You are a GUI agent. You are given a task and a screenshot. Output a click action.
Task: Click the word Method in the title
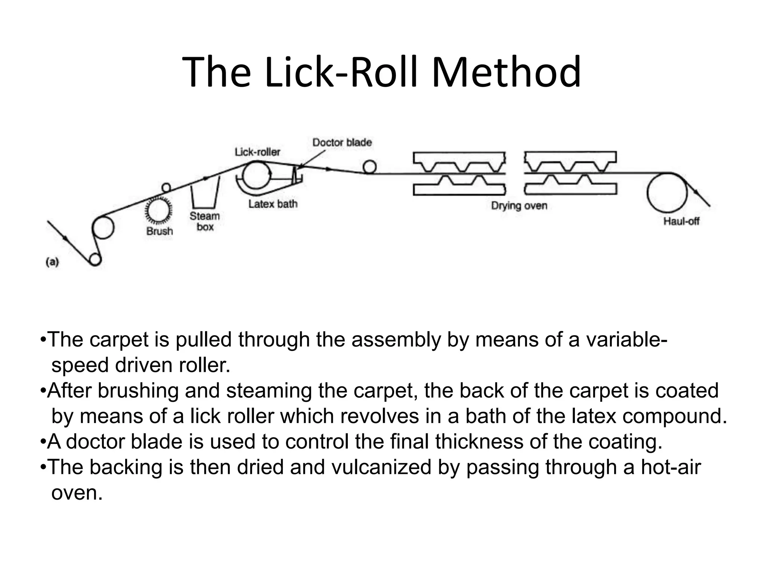pos(506,72)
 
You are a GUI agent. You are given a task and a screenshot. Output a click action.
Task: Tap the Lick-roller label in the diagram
pos(257,152)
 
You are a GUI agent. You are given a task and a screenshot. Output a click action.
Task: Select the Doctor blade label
pos(342,142)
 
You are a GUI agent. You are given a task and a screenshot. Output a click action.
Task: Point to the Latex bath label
pos(273,204)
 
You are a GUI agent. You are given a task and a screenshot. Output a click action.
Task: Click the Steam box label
pos(205,221)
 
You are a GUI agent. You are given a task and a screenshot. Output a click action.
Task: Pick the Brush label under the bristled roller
pos(160,231)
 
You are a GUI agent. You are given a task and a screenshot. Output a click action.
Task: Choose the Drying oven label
pos(519,206)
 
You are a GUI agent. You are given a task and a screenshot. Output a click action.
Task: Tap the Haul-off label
pos(681,221)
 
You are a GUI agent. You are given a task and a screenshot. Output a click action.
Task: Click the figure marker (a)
pos(52,262)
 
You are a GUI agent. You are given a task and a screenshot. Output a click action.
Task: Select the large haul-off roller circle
pos(667,193)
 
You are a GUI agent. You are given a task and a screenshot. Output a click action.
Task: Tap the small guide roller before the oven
pos(369,167)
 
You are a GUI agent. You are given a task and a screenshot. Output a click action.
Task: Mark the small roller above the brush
pos(166,187)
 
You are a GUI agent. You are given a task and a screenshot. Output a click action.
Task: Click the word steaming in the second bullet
pos(269,391)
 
